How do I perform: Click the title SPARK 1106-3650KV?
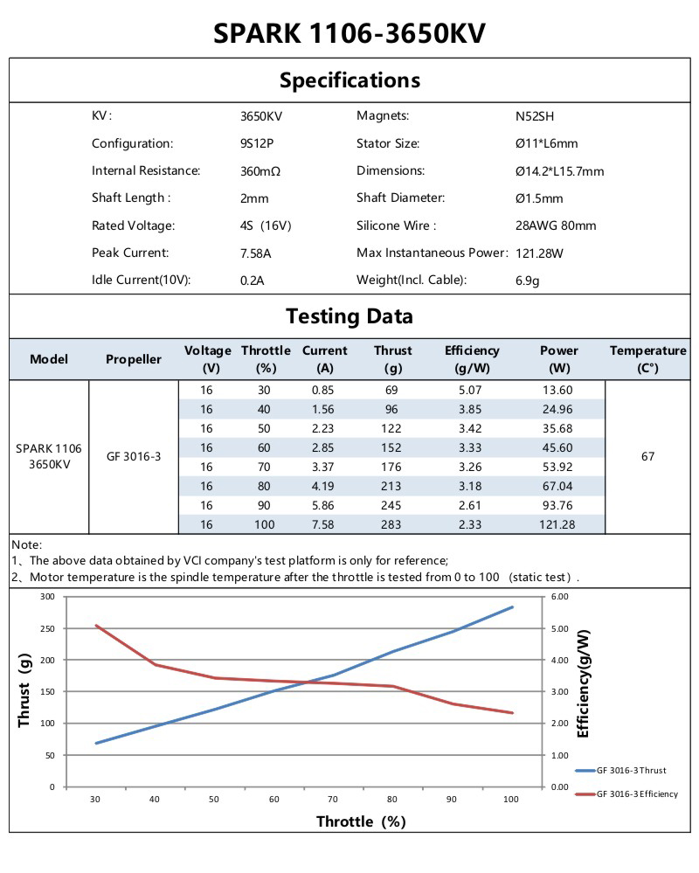coord(349,33)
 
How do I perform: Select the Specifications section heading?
coord(349,80)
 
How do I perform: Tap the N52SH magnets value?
coord(535,116)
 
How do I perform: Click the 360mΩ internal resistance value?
coord(260,171)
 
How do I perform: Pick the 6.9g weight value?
coord(527,281)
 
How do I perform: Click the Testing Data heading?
coord(349,316)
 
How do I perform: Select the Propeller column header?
coord(134,359)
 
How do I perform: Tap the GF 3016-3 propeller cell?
coord(134,457)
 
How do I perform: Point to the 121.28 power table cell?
coord(558,524)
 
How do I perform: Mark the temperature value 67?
coord(647,457)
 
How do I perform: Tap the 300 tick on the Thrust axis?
coord(47,596)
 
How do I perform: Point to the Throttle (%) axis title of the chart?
coord(361,821)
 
